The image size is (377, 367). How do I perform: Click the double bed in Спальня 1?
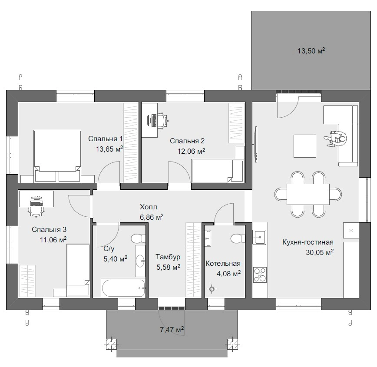coord(57,155)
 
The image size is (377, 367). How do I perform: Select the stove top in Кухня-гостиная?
coord(260,275)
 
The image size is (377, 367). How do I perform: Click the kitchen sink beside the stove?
coord(259,237)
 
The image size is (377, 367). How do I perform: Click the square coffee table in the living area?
coord(305,146)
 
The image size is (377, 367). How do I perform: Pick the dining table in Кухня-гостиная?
coord(308,194)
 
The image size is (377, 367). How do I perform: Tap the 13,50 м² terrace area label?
coord(311,51)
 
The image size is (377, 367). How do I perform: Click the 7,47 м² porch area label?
coord(172,330)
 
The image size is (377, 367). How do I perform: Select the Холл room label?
coord(149,207)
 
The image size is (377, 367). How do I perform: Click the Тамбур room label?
coord(168,257)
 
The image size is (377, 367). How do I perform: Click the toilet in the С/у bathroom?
coord(138,238)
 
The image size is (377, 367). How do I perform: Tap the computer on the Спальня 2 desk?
coord(152,120)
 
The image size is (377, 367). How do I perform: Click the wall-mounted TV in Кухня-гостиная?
coord(256,144)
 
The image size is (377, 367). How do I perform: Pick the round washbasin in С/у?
coord(140,261)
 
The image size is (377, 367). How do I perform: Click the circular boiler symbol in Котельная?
coord(212,289)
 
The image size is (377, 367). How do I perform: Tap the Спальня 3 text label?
coord(49,229)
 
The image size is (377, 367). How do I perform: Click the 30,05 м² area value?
coord(320,252)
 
